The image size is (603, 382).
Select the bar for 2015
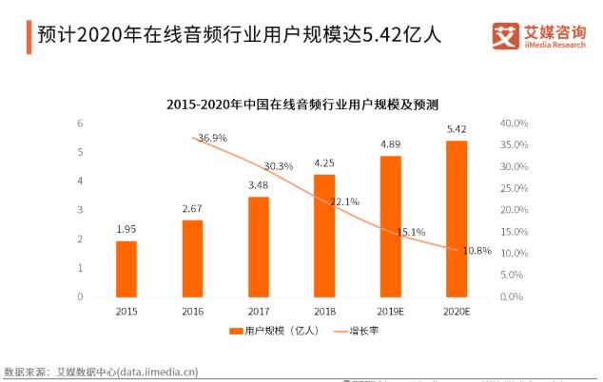(126, 269)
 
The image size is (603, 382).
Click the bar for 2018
(324, 236)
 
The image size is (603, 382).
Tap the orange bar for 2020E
(457, 219)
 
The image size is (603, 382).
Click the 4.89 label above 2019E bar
(390, 144)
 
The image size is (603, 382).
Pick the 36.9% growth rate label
(212, 138)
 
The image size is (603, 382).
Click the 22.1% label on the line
(344, 201)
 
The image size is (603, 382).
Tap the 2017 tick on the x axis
(258, 311)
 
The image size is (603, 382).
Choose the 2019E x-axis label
(390, 311)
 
